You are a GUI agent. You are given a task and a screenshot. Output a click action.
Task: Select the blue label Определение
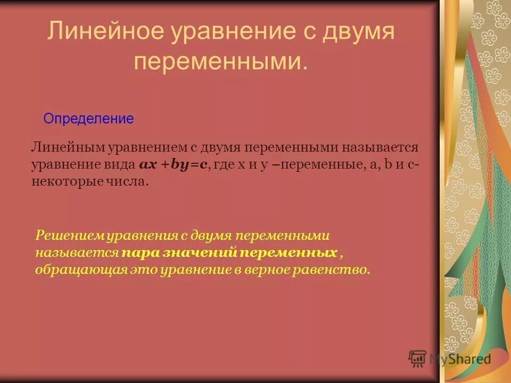88,119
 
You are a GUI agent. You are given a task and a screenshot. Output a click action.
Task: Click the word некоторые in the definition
67,182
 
